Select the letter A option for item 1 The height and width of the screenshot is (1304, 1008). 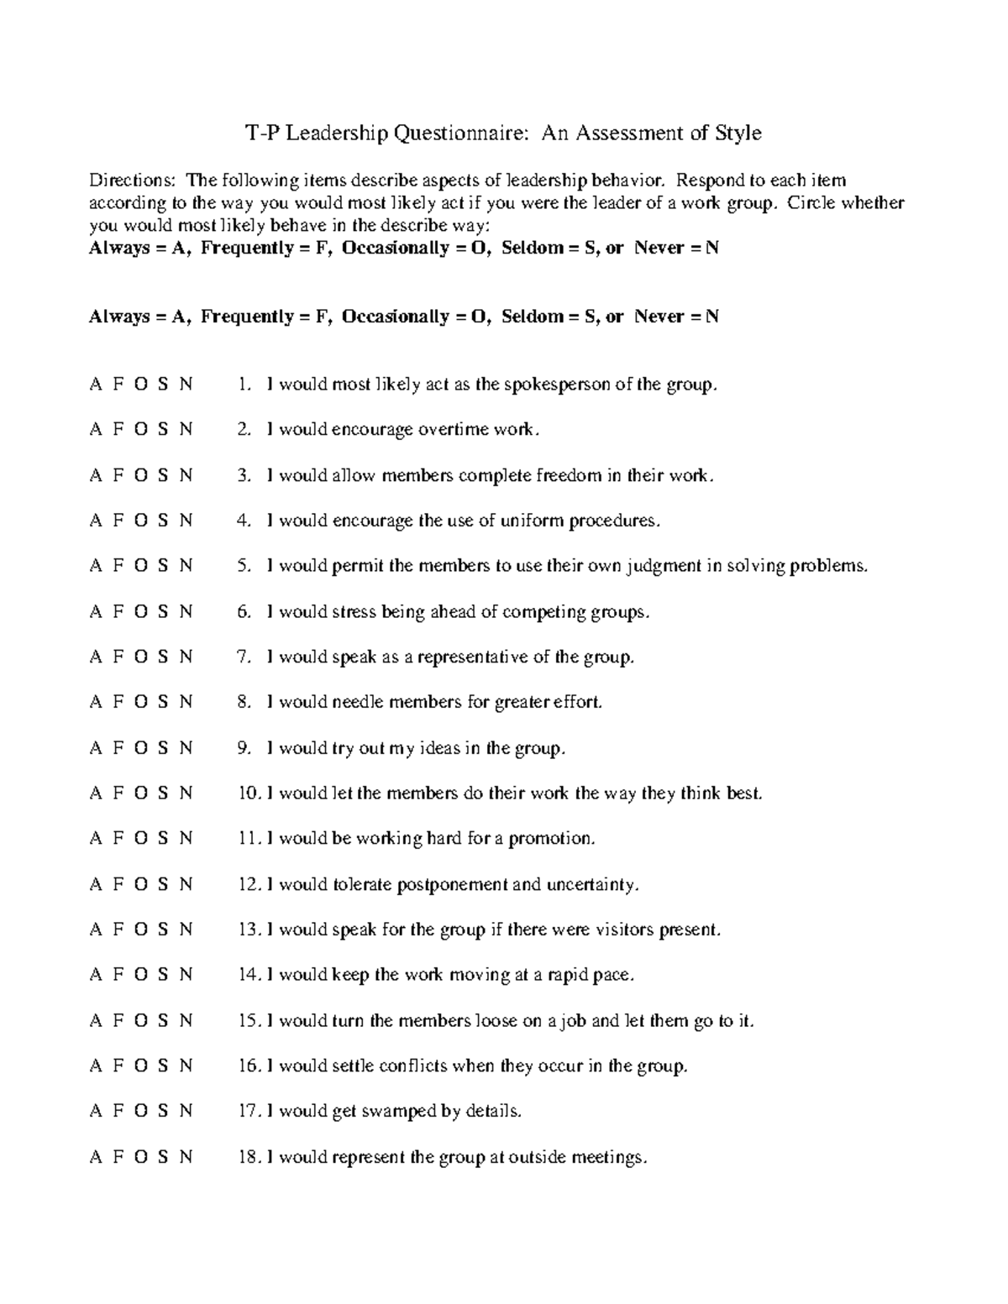tap(95, 385)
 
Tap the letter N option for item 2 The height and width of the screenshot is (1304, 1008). tap(186, 430)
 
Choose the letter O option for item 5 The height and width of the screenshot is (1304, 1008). tap(139, 566)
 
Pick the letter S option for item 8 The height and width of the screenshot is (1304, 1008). tap(163, 702)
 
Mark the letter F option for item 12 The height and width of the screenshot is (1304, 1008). tap(118, 884)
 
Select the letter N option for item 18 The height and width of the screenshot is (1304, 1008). tap(186, 1157)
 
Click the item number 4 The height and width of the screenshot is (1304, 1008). tap(244, 521)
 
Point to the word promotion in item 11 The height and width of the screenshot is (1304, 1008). tap(551, 839)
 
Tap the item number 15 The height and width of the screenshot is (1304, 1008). tap(249, 1021)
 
